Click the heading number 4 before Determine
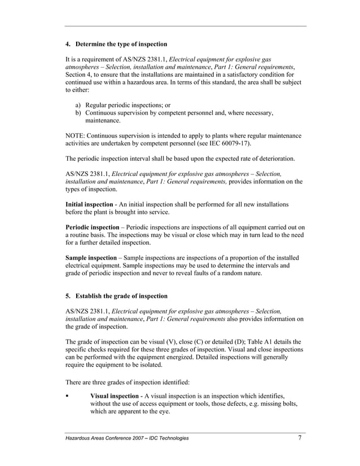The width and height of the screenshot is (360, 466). tap(68, 43)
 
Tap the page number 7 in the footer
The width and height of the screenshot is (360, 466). tap(300, 437)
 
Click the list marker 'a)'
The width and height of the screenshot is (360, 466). tap(79, 105)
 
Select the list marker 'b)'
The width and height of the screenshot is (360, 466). tap(79, 113)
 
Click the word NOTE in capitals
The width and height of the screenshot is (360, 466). tap(76, 135)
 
